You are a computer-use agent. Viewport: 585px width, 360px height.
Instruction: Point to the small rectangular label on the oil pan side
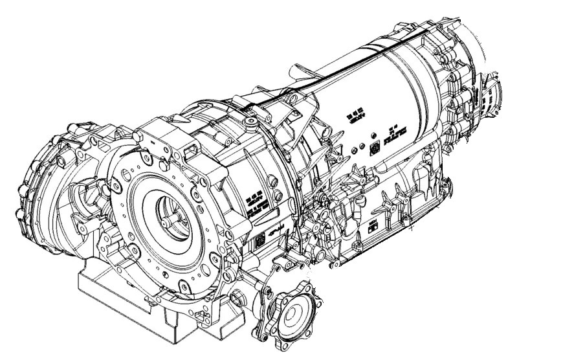click(373, 226)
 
